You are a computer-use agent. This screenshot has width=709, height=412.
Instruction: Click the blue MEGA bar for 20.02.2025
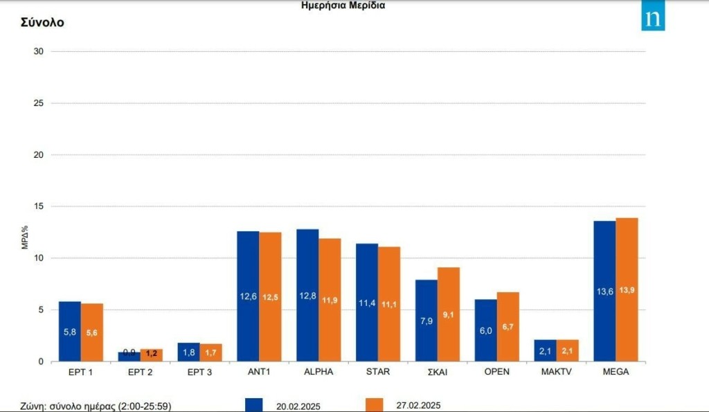[604, 291]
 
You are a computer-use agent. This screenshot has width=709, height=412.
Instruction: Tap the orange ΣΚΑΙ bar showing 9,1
[449, 314]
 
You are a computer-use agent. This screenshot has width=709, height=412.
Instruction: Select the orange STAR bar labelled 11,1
[389, 304]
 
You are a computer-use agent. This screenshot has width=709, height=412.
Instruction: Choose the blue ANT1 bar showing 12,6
[248, 296]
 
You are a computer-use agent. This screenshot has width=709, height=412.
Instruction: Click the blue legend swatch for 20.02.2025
[253, 404]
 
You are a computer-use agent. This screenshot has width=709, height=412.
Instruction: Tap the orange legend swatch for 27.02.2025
[373, 404]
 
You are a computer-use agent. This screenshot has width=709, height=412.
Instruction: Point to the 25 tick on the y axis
[39, 103]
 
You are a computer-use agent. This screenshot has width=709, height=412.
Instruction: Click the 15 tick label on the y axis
[39, 206]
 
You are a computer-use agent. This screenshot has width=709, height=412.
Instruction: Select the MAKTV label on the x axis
[556, 372]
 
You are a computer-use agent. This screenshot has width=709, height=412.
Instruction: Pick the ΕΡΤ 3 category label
[199, 372]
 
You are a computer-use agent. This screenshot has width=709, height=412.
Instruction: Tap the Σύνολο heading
[42, 22]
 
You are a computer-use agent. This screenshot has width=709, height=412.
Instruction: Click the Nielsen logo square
[653, 19]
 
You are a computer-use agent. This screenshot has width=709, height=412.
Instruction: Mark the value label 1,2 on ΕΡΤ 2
[152, 353]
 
